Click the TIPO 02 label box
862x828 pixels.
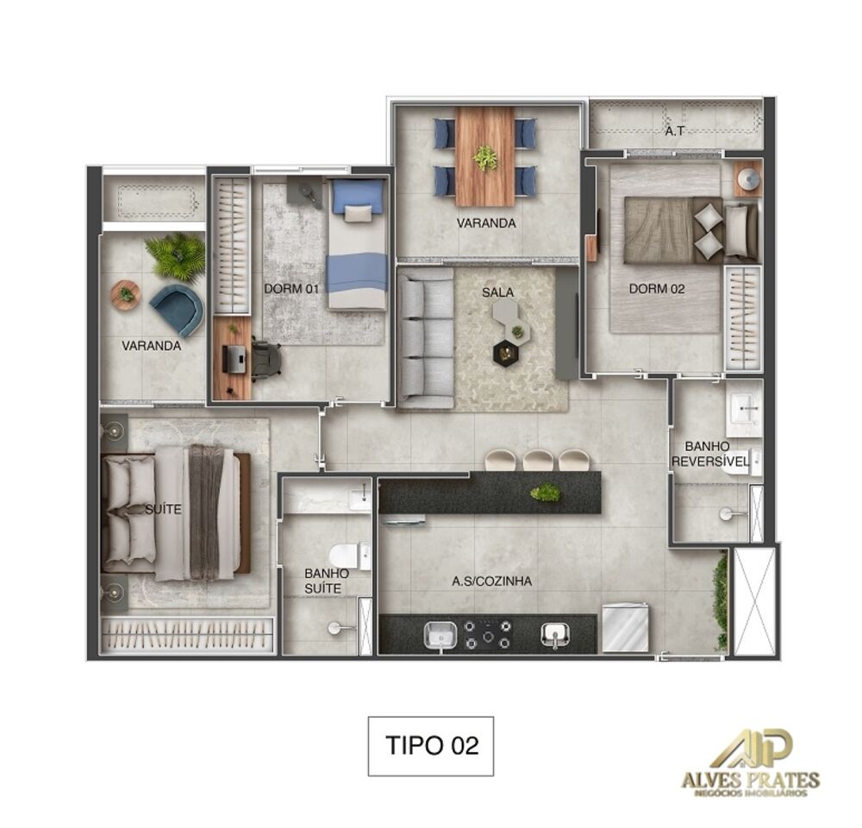coord(431,746)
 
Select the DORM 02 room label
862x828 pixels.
coord(657,289)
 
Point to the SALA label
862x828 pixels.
coord(497,292)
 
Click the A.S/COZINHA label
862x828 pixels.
coord(491,581)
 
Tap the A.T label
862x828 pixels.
coord(675,132)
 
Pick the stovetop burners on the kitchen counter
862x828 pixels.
coord(488,635)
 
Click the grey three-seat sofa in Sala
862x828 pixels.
coord(426,337)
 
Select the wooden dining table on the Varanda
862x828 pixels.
coord(485,156)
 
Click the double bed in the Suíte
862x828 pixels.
coord(177,511)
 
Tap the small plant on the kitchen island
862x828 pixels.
coord(545,492)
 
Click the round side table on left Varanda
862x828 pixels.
coord(126,295)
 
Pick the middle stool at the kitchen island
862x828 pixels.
coord(539,461)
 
